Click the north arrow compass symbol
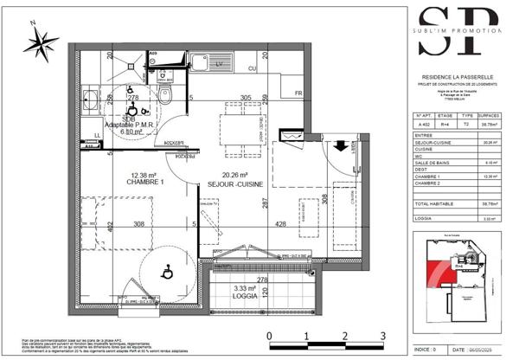(x=39, y=40)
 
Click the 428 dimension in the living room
(x=281, y=223)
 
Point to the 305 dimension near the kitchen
(x=246, y=98)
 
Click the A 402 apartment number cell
(x=425, y=123)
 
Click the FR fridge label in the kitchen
(x=298, y=93)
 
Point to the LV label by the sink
(x=219, y=63)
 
